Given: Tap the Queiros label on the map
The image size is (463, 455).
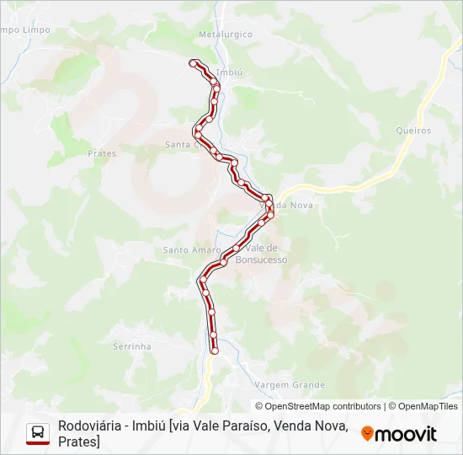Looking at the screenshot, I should click(x=412, y=131).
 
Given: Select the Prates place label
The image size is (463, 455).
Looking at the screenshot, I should click(x=102, y=153).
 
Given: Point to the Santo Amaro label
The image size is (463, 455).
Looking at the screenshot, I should click(x=191, y=250).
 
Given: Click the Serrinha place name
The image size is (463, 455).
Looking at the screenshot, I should click(x=131, y=346).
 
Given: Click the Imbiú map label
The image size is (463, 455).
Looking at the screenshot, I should click(x=229, y=73).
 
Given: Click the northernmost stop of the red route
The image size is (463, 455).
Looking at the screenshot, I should click(x=193, y=63).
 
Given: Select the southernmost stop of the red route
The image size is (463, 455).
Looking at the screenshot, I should click(x=215, y=351).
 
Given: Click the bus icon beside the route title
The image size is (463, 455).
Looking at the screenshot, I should click(x=38, y=433).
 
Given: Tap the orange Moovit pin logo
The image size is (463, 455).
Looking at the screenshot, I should click(x=367, y=433).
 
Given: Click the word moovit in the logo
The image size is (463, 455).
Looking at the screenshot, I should click(x=406, y=434).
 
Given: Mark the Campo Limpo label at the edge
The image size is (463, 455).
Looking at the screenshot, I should click(x=25, y=29).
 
